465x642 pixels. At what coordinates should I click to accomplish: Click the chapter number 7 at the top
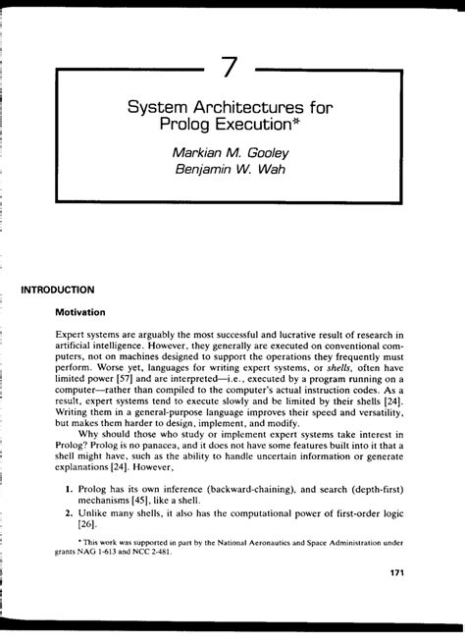(x=231, y=68)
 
